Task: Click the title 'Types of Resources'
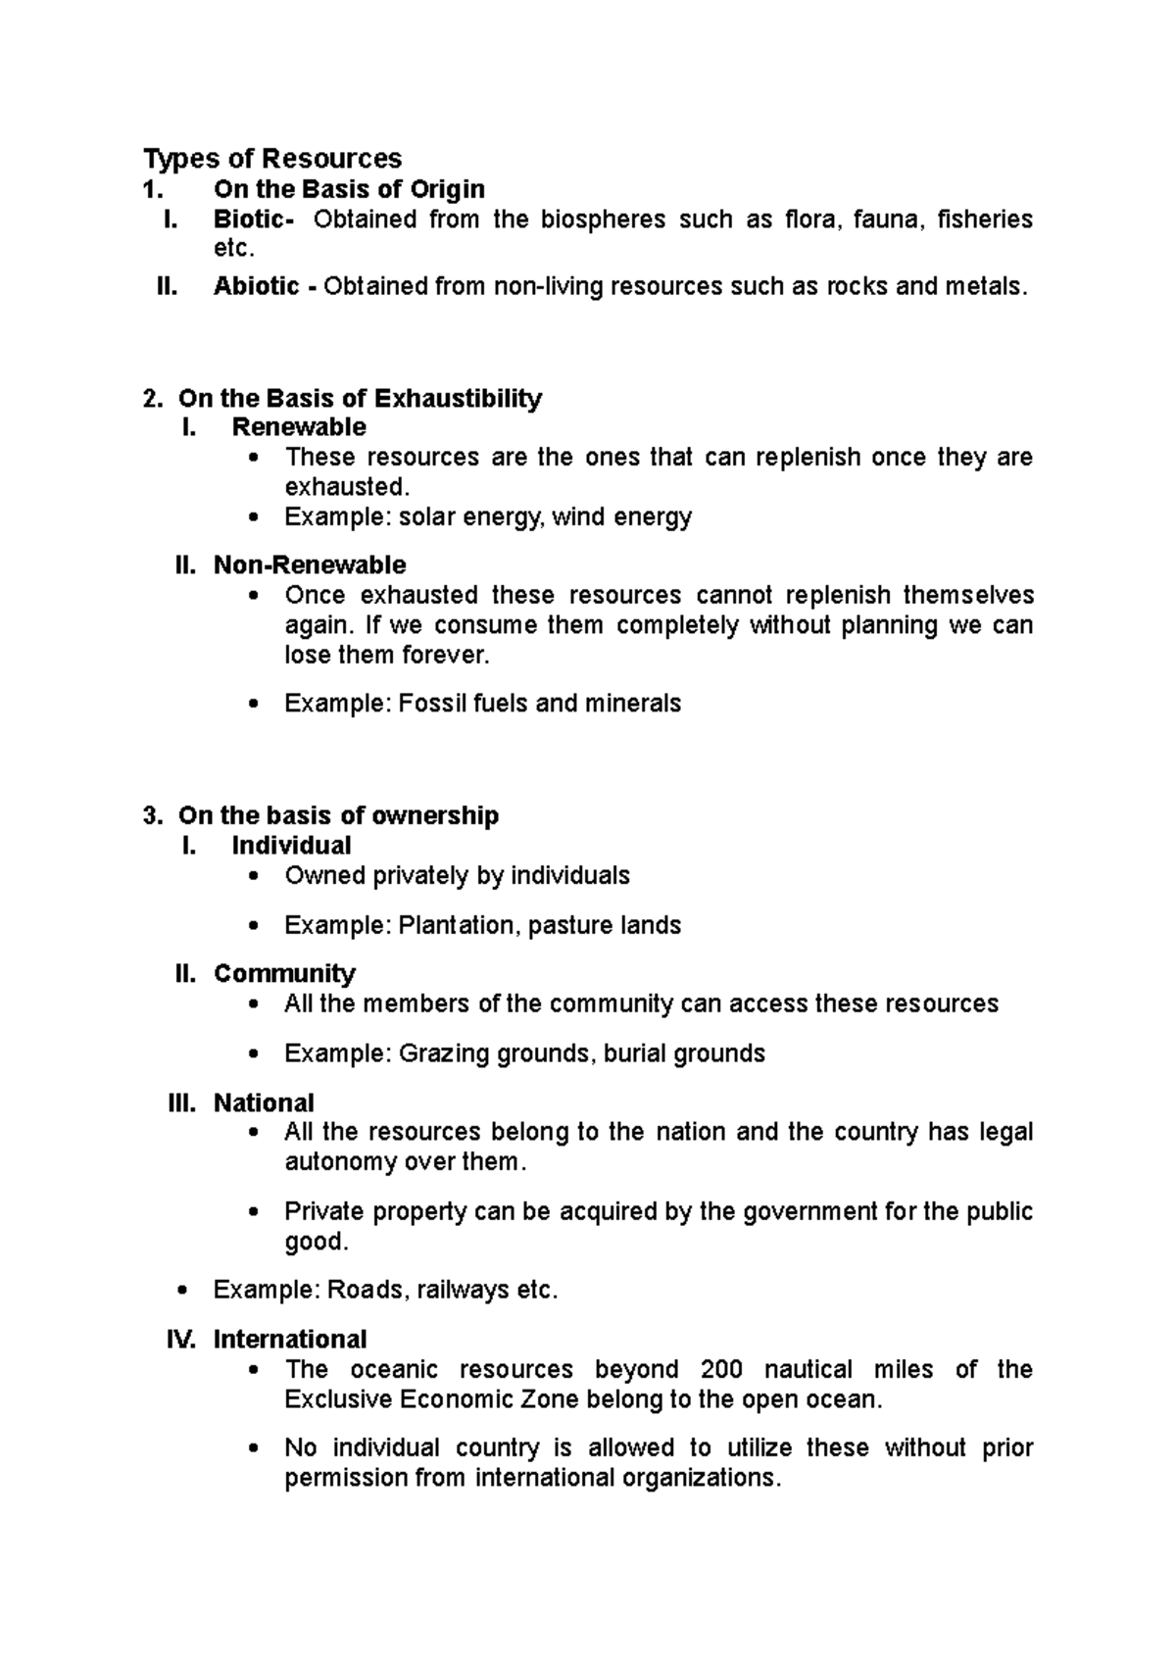click(272, 159)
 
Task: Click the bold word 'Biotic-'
click(253, 220)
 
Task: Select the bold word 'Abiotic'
click(257, 287)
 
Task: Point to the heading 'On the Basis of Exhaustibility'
click(360, 399)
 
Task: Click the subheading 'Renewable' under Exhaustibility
click(299, 427)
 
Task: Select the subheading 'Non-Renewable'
click(310, 565)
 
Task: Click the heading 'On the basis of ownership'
click(338, 816)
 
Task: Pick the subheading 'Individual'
click(291, 846)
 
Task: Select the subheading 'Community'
click(284, 974)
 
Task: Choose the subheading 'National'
click(264, 1103)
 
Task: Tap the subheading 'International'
click(290, 1340)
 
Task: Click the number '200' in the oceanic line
click(721, 1370)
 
